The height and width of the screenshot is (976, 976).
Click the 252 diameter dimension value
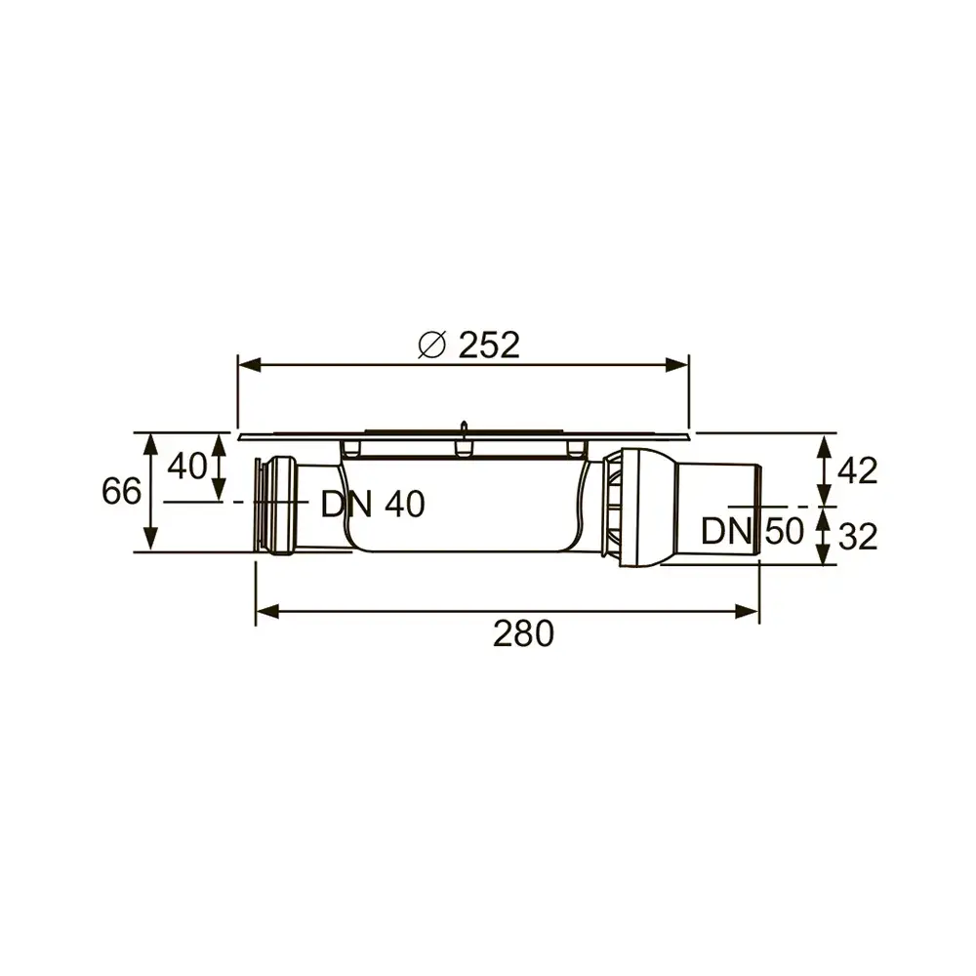[489, 345]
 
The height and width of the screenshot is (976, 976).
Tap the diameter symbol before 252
[432, 346]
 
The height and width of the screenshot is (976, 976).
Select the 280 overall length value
[523, 633]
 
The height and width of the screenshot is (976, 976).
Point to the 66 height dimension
[121, 491]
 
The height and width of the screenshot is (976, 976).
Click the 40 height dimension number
[187, 466]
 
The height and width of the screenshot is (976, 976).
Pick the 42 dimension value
[858, 470]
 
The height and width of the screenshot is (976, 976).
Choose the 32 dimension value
[858, 537]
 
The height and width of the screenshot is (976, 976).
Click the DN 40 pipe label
[373, 505]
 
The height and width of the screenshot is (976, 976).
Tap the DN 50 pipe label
[752, 532]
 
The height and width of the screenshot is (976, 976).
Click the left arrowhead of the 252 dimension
[250, 365]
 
